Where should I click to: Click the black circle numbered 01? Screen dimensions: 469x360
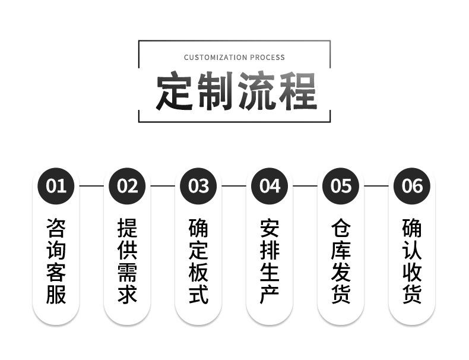click(x=56, y=186)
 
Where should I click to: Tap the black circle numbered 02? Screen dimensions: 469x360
click(x=127, y=186)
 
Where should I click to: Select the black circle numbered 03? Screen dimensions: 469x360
click(x=198, y=186)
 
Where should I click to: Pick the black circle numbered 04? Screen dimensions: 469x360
click(x=270, y=186)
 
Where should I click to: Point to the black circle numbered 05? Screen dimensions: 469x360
click(x=341, y=186)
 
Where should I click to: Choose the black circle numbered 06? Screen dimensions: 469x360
click(x=412, y=186)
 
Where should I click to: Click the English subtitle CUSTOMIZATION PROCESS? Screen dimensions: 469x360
click(x=234, y=58)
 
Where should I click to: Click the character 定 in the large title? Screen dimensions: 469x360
click(x=175, y=91)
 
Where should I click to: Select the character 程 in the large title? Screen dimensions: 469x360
click(x=295, y=91)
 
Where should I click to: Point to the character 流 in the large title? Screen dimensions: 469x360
click(x=255, y=91)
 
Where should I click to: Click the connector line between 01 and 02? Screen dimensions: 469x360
click(x=91, y=186)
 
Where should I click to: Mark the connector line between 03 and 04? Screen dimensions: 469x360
click(x=234, y=186)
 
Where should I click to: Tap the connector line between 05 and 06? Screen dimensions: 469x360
click(x=376, y=186)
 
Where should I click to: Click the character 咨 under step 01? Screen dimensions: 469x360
click(x=56, y=228)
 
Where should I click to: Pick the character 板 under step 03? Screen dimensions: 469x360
click(x=198, y=272)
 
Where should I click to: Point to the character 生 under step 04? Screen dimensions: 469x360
click(x=270, y=272)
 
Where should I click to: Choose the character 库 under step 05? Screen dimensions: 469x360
click(x=341, y=250)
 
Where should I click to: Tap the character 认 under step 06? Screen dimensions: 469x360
click(x=412, y=250)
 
